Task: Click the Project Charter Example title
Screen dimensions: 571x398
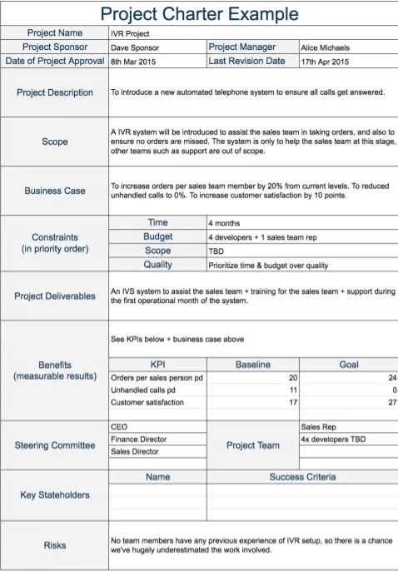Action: pyautogui.click(x=199, y=13)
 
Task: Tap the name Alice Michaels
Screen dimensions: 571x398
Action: pyautogui.click(x=325, y=48)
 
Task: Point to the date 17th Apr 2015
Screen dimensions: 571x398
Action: pyautogui.click(x=325, y=62)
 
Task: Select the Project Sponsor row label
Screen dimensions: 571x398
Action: pyautogui.click(x=54, y=47)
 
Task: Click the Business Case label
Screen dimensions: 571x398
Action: pyautogui.click(x=54, y=191)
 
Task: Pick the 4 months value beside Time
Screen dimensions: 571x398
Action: pyautogui.click(x=224, y=223)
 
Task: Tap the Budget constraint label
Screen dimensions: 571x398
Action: pyautogui.click(x=157, y=237)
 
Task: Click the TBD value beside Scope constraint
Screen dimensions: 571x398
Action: pyautogui.click(x=216, y=251)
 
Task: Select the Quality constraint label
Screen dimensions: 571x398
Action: pyautogui.click(x=157, y=265)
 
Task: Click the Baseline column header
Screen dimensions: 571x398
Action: pyautogui.click(x=252, y=365)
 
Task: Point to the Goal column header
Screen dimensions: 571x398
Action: pyautogui.click(x=348, y=365)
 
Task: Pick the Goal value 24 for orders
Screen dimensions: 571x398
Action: pyautogui.click(x=392, y=378)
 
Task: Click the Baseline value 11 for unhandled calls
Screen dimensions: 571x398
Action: pyautogui.click(x=292, y=390)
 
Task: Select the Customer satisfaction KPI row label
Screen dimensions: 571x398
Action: pyautogui.click(x=147, y=403)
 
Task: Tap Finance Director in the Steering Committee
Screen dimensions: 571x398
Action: pyautogui.click(x=138, y=439)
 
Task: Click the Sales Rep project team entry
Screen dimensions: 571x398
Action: pyautogui.click(x=318, y=426)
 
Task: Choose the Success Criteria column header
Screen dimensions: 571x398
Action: pyautogui.click(x=302, y=477)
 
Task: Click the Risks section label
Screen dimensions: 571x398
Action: pyautogui.click(x=54, y=545)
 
